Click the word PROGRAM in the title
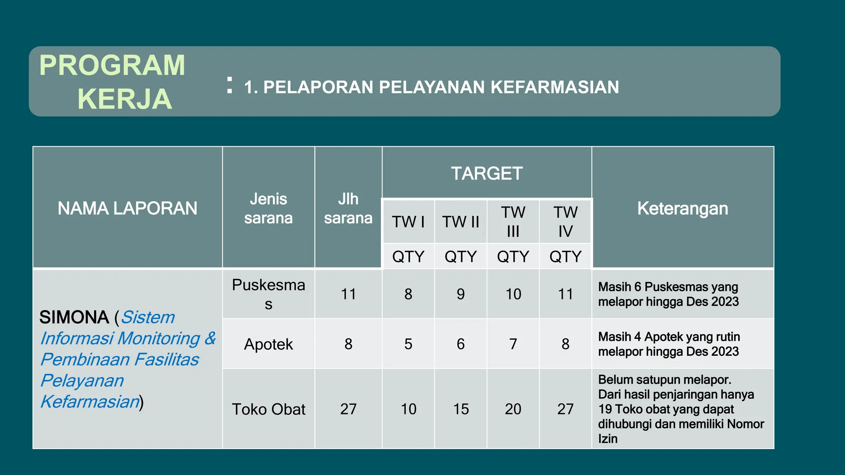112,65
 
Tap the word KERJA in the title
125,99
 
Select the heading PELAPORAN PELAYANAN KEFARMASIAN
441,87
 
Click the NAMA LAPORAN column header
127,208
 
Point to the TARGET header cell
487,173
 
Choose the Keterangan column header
682,208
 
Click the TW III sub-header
513,222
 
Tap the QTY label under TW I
408,256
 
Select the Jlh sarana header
348,208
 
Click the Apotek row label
268,344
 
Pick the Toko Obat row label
268,409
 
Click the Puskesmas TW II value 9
460,294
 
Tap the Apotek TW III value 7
513,344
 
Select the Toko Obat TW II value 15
460,409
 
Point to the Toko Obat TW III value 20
513,409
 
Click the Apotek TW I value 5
408,344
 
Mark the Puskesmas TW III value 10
513,294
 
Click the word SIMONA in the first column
74,317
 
